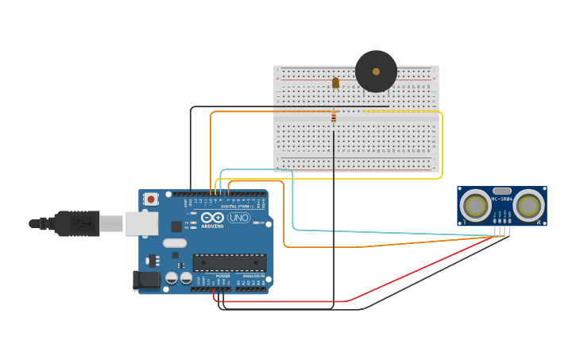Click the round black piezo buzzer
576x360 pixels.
point(376,72)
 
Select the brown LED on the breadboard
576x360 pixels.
point(335,83)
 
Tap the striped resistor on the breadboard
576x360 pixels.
point(334,118)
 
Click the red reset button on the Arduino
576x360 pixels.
point(150,199)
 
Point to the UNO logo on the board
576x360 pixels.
point(238,218)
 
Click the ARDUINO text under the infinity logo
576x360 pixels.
point(211,226)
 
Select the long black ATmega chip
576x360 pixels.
point(229,262)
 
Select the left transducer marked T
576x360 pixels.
point(476,206)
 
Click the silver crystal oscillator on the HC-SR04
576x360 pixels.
point(502,191)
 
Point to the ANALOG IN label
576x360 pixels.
point(253,276)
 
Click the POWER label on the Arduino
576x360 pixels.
point(222,276)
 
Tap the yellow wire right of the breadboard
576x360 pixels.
point(442,143)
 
